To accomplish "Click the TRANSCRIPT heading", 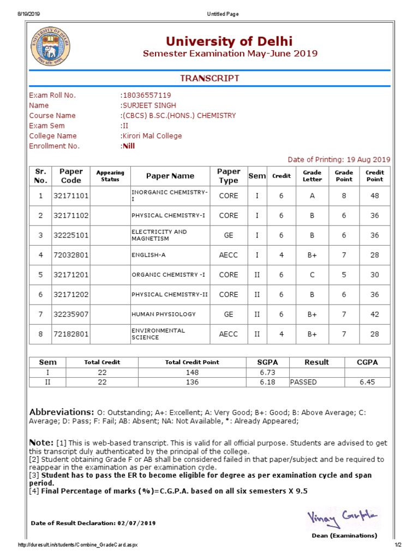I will pos(210,79).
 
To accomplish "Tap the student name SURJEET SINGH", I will pos(148,105).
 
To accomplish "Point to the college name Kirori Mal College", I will pos(152,136).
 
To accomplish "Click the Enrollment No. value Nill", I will pos(128,146).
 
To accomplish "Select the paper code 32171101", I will pos(71,195).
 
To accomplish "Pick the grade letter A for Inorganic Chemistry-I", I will pos(312,195).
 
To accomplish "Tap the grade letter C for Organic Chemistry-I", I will pos(312,275).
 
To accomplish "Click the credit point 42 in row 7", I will pos(374,314).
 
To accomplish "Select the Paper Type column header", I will pos(228,176).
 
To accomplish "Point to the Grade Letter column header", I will pos(312,176).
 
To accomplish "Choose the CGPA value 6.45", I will pos(367,382).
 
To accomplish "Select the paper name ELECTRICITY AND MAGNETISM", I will pos(159,235).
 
